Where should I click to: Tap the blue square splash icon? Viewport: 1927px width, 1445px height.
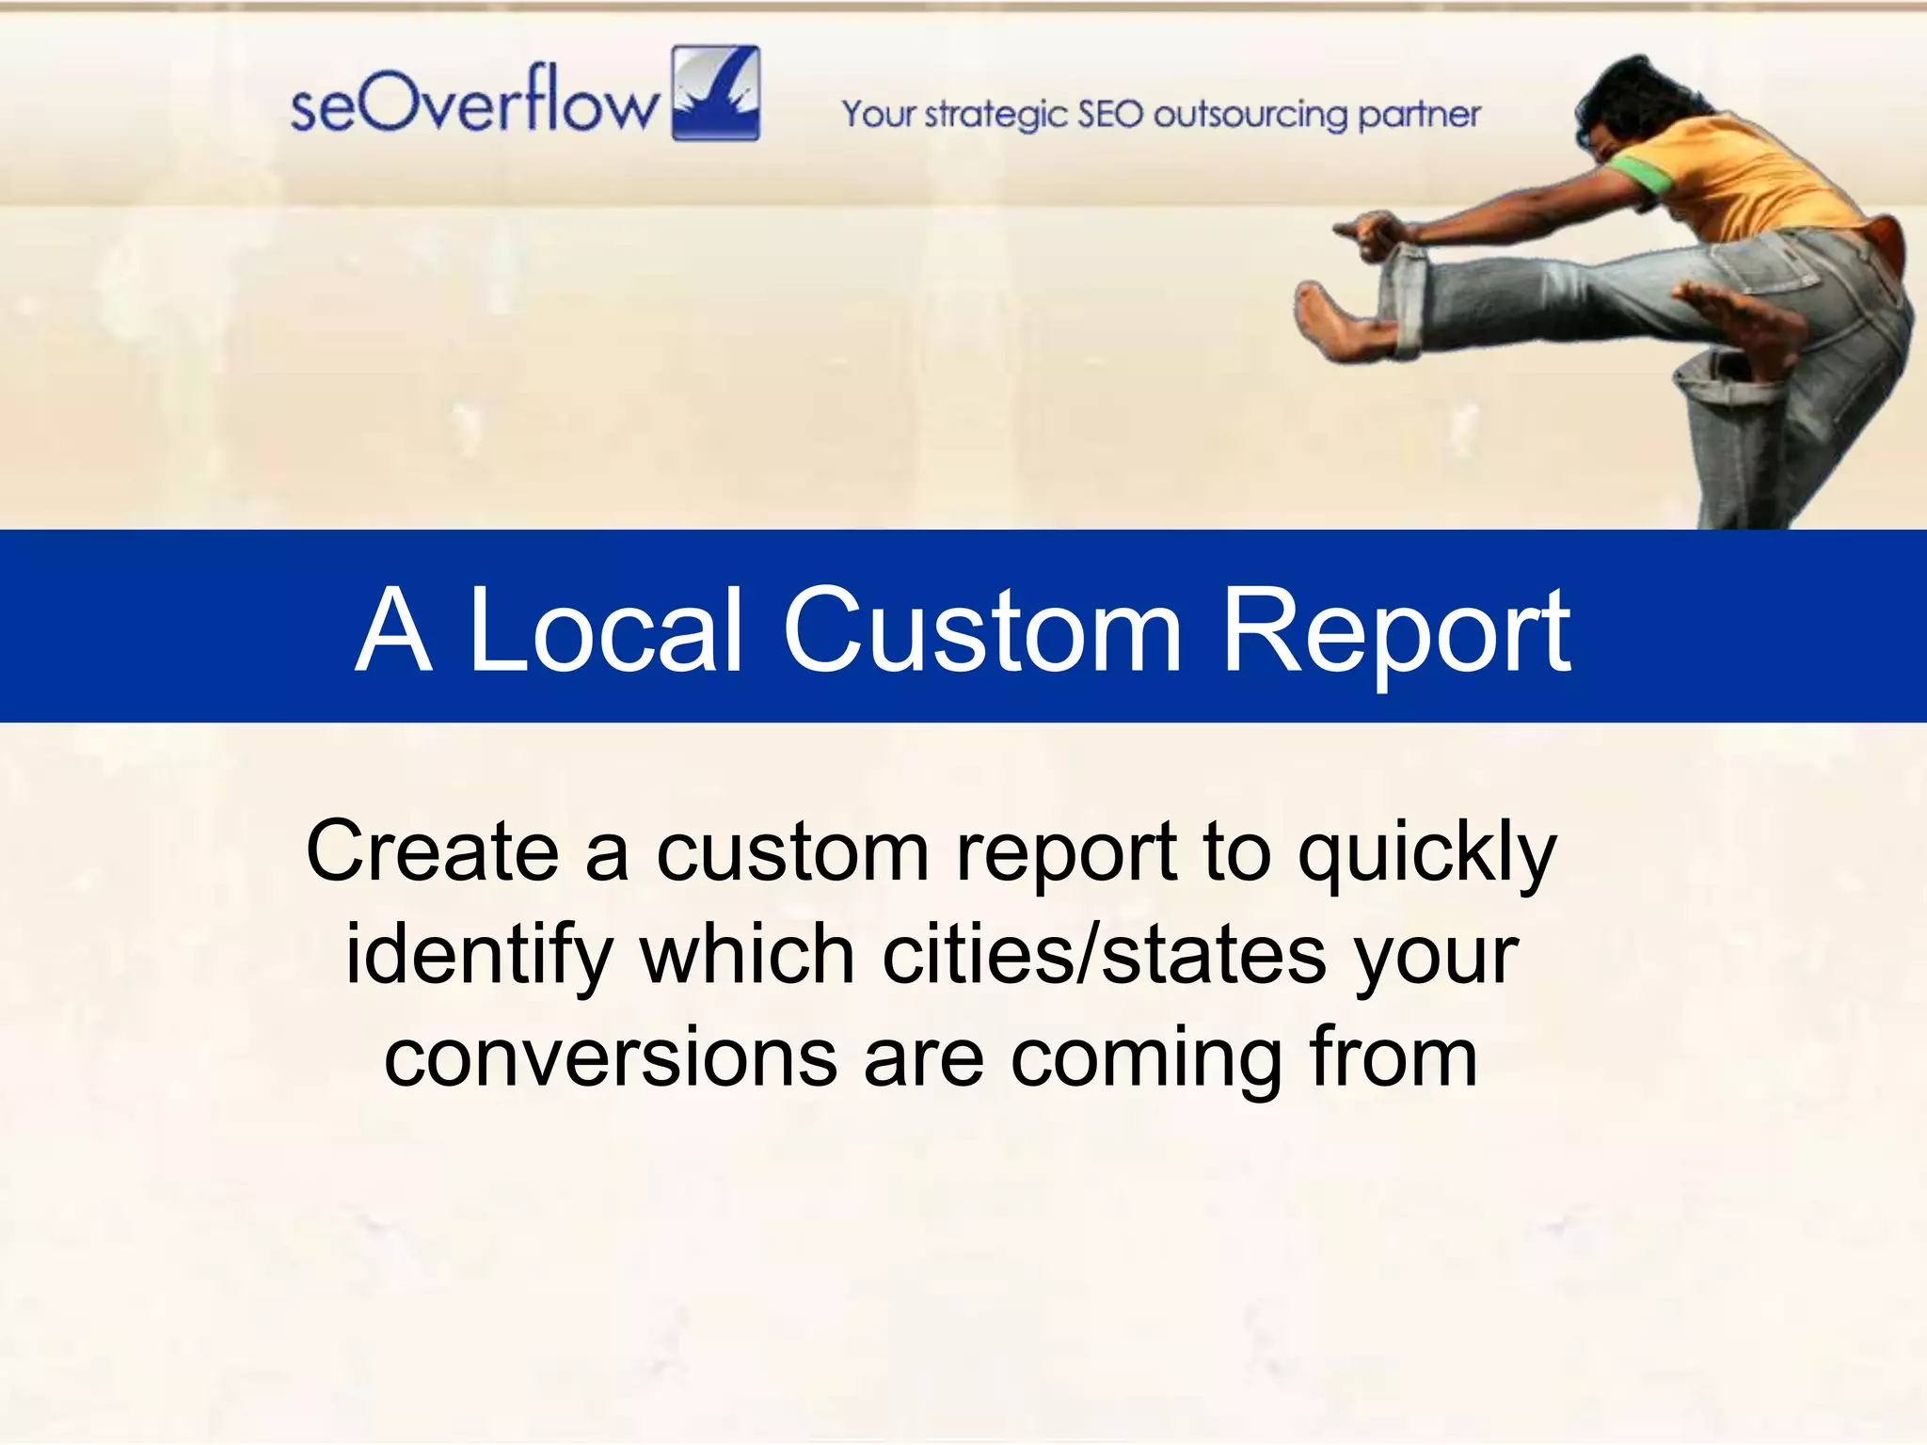pos(716,93)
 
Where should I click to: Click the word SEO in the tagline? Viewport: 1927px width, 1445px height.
pos(1110,114)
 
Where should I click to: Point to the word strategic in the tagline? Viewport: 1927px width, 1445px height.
pos(995,116)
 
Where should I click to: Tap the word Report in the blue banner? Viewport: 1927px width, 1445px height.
pos(1395,632)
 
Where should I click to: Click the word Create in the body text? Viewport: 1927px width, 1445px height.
pos(433,850)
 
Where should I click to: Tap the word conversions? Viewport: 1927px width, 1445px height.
pos(610,1057)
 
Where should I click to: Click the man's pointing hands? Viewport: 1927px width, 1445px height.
pos(1369,232)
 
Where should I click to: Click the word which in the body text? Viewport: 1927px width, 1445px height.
pos(746,954)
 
